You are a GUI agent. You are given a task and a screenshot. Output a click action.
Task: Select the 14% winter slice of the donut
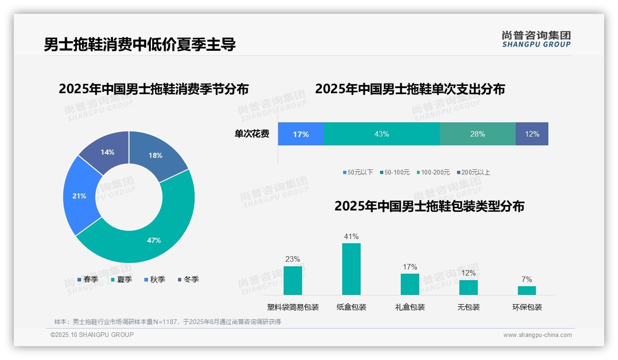coord(107,152)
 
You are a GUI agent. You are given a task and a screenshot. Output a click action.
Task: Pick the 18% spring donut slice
coord(155,155)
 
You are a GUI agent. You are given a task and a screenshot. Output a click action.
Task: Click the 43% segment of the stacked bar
coord(381,134)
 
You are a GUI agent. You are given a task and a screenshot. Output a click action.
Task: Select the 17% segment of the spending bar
coord(301,134)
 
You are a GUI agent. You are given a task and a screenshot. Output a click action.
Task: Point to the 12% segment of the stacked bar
coord(532,134)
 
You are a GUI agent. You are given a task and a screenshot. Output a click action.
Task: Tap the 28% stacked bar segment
coord(477,134)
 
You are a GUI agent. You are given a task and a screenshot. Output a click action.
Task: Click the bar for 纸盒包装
coord(351,269)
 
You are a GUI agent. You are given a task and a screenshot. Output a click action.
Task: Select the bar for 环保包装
coord(527,290)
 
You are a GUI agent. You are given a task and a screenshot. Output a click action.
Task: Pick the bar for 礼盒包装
coord(410,284)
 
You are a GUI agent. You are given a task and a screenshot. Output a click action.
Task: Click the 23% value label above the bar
coord(292,259)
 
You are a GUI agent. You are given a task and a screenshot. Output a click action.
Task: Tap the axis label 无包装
coord(468,307)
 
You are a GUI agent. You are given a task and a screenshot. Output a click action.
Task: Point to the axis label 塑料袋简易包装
coord(293,307)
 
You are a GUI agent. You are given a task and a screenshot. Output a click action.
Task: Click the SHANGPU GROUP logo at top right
coord(536,39)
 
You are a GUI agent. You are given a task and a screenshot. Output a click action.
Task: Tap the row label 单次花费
coord(252,134)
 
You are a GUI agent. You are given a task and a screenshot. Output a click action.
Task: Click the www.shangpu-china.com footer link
coord(537,335)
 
